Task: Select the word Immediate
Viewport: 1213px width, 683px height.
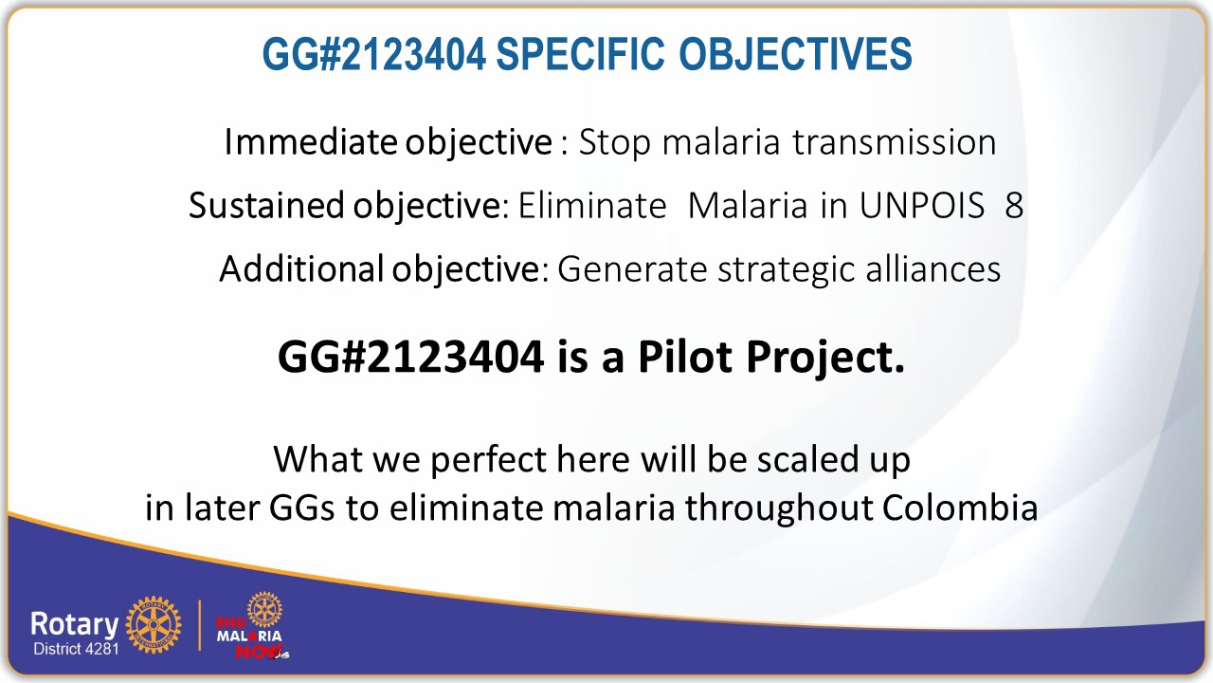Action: click(311, 142)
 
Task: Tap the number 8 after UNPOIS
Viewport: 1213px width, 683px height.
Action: click(1014, 206)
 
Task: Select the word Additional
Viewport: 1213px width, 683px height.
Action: click(299, 269)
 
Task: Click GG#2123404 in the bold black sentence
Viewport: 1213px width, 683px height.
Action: click(410, 357)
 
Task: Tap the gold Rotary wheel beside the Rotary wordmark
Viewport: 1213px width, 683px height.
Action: click(153, 625)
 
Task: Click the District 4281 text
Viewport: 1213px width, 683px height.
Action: click(75, 650)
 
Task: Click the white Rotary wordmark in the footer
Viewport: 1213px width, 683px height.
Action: click(74, 623)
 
